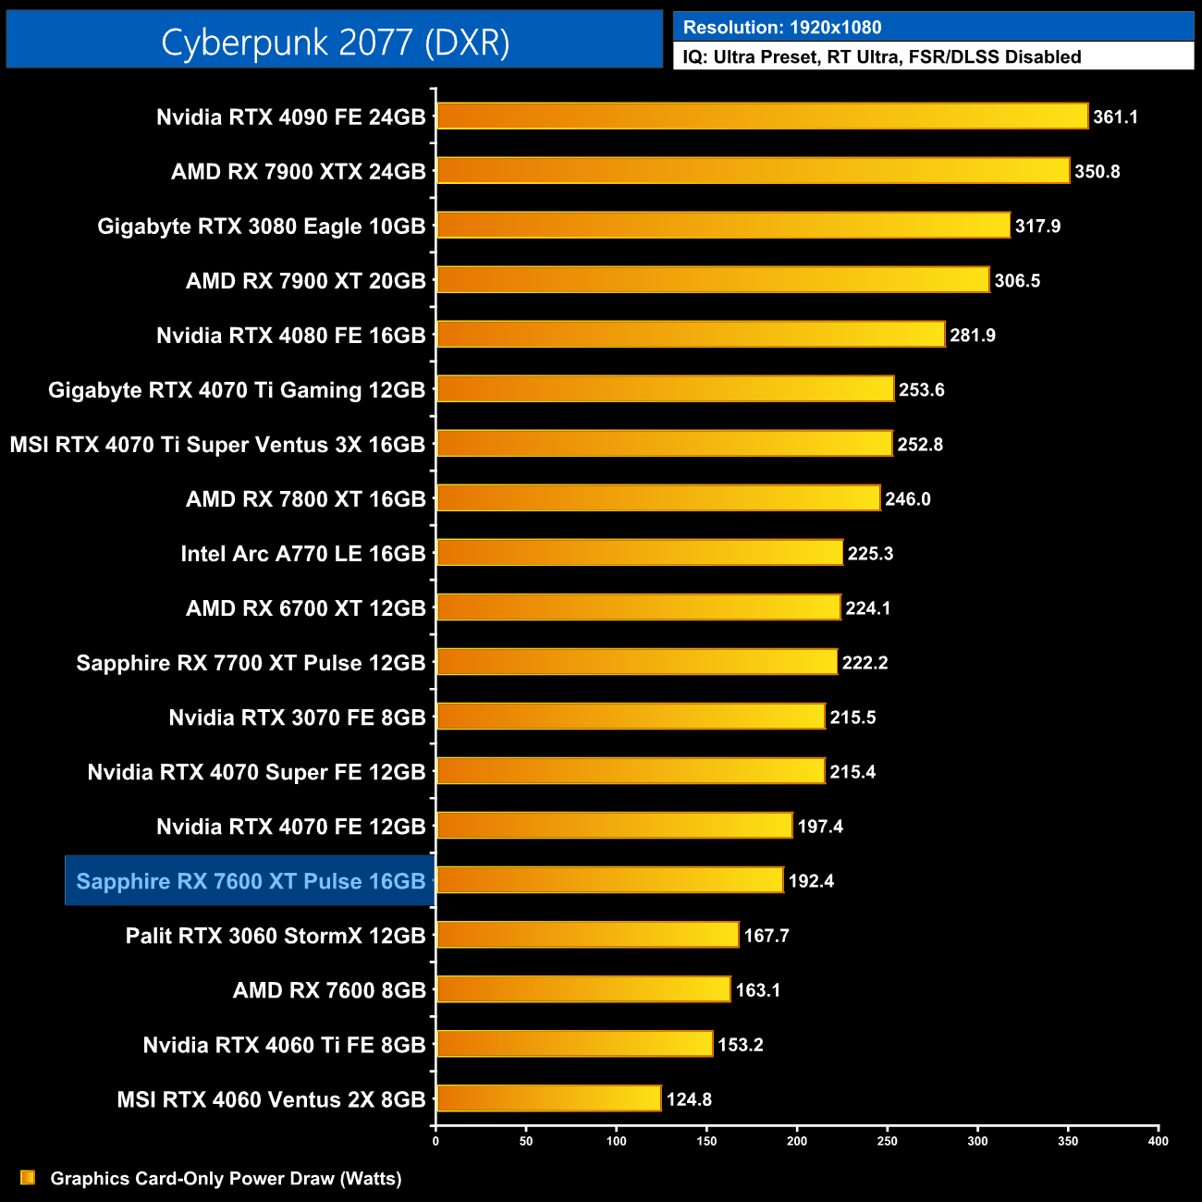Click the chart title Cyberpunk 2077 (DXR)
pos(335,43)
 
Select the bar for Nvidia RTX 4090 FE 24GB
pos(762,117)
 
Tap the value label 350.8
pos(1097,172)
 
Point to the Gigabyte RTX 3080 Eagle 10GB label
pos(262,227)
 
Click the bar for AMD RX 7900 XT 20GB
pos(713,280)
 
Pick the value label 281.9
pos(973,336)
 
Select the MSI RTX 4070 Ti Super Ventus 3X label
pos(217,445)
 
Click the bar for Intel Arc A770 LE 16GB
pos(640,553)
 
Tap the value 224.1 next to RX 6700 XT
pos(868,608)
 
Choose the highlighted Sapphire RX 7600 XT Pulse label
pos(251,881)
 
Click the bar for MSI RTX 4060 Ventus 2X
pos(549,1098)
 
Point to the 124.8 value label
pos(689,1099)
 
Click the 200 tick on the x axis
pos(797,1141)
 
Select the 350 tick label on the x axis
pos(1068,1141)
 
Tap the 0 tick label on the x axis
pos(435,1141)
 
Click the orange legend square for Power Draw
pos(28,1177)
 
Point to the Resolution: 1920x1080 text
pos(782,28)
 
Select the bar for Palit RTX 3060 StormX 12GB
pos(588,935)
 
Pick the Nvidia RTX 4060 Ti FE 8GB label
pos(284,1045)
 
